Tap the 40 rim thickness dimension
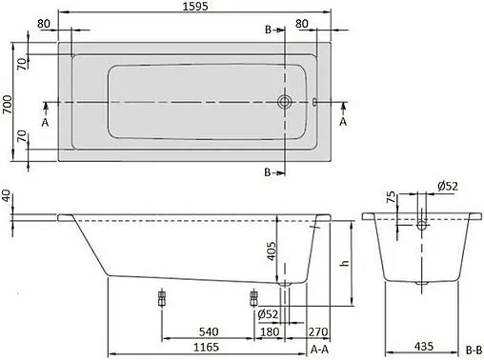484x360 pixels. (8, 196)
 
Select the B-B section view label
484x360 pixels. (472, 350)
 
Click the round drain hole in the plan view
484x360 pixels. (284, 102)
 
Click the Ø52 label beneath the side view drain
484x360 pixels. (269, 314)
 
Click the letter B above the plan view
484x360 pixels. (268, 30)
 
